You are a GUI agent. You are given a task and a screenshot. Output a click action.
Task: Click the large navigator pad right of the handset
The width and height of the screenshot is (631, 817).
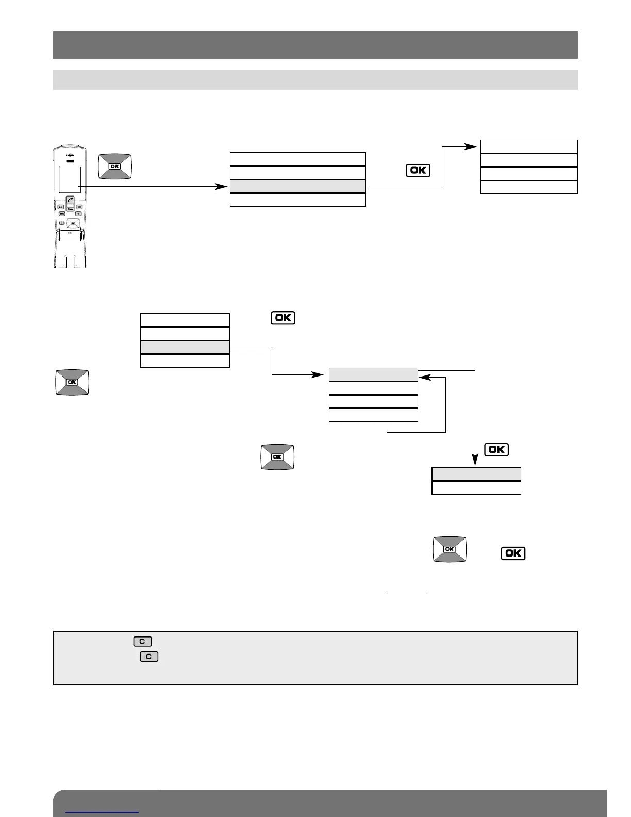coord(115,167)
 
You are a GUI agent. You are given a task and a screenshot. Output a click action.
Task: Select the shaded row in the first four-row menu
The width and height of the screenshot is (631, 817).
coord(297,186)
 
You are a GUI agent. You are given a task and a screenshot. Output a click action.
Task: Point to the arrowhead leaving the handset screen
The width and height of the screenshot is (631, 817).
coord(222,186)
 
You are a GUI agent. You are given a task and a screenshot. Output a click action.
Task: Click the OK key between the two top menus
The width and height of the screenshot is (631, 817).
coord(418,170)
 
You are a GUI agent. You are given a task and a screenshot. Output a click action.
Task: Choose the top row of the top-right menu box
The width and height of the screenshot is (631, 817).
coord(529,146)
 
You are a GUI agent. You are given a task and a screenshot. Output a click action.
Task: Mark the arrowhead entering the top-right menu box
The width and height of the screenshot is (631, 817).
coord(472,146)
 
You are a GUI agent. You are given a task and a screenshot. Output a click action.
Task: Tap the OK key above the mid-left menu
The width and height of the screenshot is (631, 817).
coord(283,318)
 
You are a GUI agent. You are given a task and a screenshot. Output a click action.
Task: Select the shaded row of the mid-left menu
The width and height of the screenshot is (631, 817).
coord(185,347)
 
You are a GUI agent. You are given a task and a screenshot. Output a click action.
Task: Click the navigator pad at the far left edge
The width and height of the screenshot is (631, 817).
coord(72,382)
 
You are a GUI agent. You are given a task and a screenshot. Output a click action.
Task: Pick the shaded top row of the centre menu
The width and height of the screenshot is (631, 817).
coord(373,374)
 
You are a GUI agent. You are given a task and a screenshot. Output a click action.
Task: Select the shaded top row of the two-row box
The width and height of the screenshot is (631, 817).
coord(476,475)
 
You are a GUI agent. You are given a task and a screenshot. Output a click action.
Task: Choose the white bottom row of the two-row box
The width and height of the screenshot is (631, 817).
coord(476,488)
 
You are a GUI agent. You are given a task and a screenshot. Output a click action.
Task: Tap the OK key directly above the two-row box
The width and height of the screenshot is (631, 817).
coord(497,450)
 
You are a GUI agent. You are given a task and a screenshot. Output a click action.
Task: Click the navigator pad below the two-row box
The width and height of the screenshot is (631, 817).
coord(450,549)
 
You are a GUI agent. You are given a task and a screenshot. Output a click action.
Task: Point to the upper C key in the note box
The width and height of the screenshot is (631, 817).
coord(142,642)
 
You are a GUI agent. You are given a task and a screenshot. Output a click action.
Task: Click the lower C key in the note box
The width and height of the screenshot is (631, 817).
coord(149,657)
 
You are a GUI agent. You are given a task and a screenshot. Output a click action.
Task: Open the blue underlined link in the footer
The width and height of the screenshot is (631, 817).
coord(103,812)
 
